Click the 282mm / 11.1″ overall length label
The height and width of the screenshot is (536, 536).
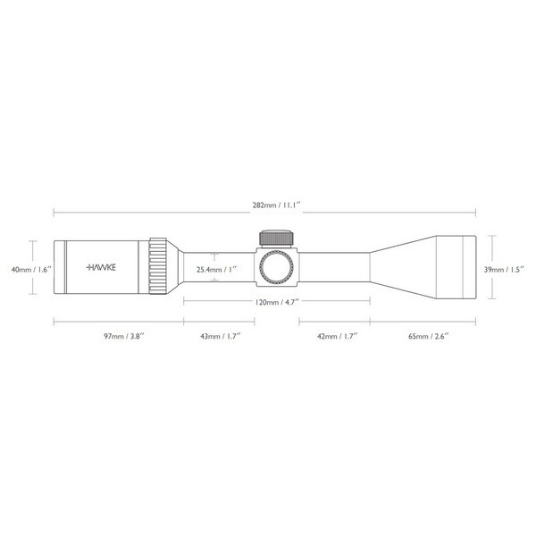click(277, 205)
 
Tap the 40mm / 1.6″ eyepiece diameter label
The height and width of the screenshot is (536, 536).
click(31, 270)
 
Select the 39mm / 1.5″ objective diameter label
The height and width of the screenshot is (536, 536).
click(504, 270)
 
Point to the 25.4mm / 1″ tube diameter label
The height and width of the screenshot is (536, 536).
click(217, 270)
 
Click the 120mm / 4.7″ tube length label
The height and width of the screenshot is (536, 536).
click(277, 302)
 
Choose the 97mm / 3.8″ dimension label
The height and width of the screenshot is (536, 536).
click(124, 336)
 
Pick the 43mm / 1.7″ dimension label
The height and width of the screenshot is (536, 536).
click(221, 336)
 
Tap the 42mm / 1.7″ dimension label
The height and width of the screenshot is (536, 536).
click(338, 336)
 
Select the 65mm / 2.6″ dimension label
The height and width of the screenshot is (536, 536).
click(428, 336)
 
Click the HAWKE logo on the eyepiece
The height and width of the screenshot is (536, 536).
click(101, 267)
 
